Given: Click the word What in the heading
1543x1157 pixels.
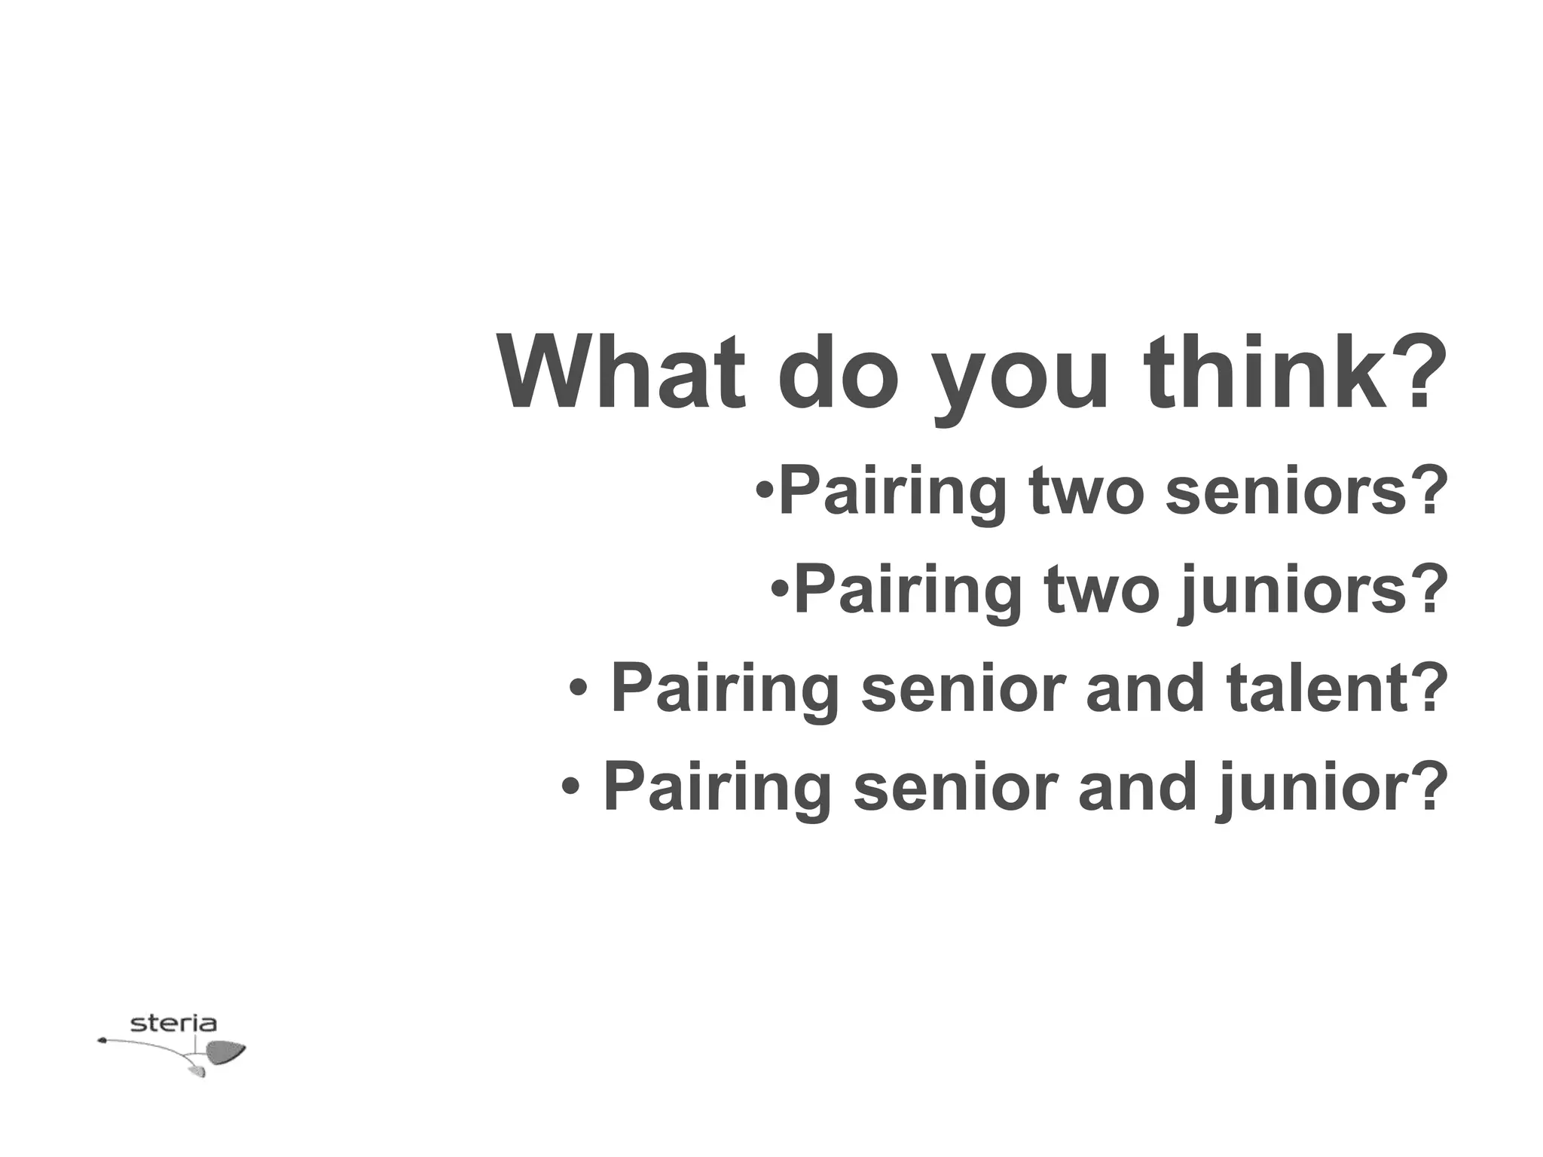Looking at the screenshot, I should click(x=621, y=373).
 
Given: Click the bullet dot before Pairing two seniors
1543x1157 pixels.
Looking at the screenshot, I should click(x=764, y=491).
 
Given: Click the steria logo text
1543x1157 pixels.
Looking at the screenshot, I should click(x=173, y=1024).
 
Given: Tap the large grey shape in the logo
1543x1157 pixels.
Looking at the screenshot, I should click(x=225, y=1052).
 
